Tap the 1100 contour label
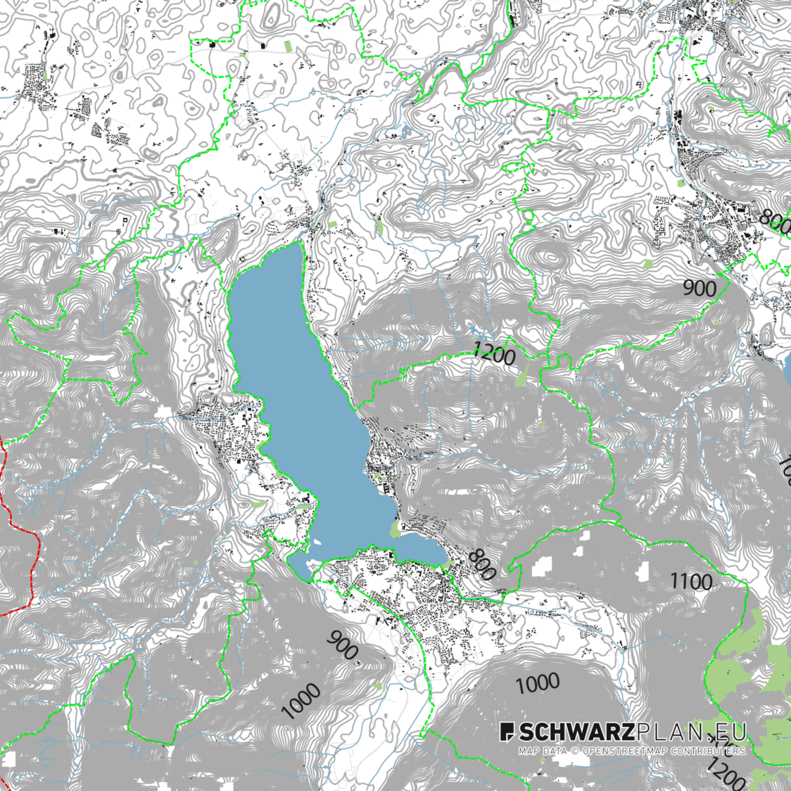[690, 581]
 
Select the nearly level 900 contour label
[700, 288]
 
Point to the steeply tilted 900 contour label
[343, 645]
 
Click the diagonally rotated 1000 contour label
[300, 701]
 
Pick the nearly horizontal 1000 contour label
[538, 683]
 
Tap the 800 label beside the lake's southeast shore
[481, 564]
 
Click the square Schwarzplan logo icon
[507, 732]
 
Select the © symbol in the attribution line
[574, 751]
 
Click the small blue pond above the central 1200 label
[474, 330]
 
